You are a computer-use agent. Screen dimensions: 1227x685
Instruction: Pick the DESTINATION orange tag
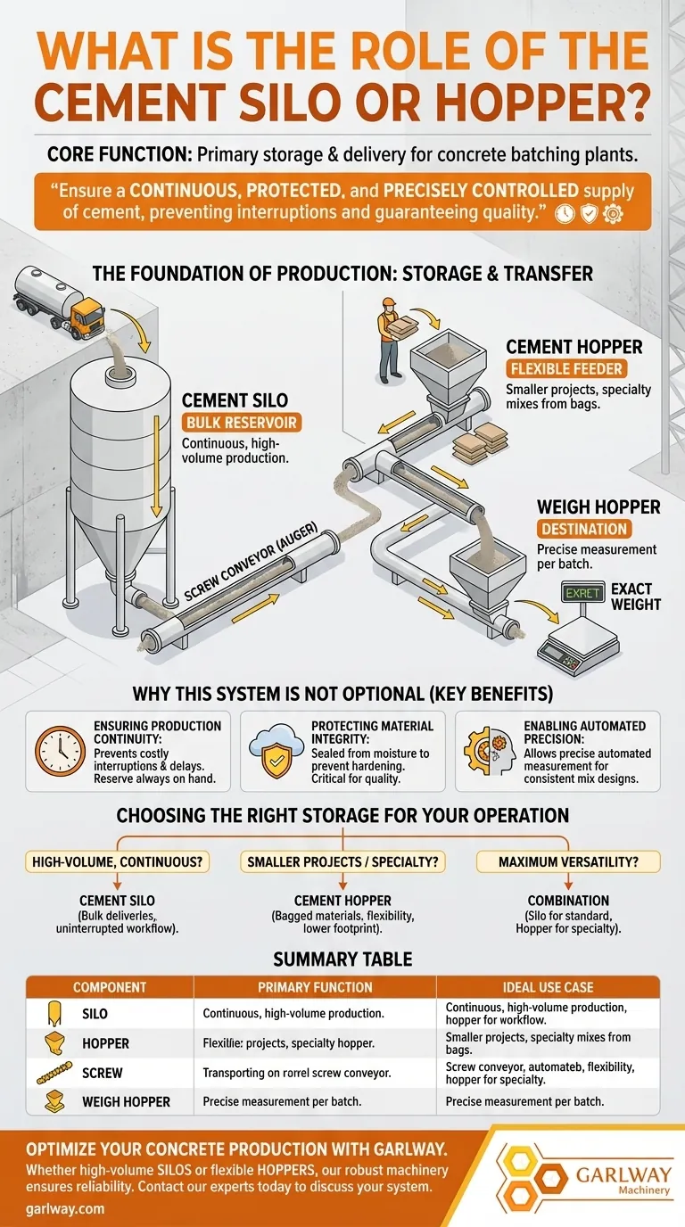tap(583, 529)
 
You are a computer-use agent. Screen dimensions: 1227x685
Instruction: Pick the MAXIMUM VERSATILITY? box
tap(568, 861)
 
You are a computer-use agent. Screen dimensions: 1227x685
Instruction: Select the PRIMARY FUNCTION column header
tap(315, 987)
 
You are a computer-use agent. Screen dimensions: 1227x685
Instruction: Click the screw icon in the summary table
tap(54, 1073)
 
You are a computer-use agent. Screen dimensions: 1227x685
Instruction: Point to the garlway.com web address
tap(66, 1208)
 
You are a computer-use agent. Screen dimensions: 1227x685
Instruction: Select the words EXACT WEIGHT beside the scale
tap(636, 597)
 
